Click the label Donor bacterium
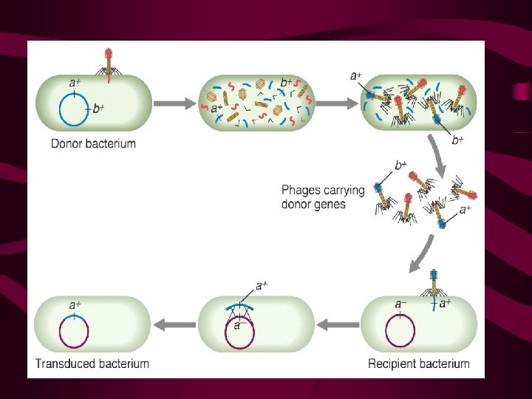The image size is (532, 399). click(93, 143)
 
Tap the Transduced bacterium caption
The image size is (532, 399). click(92, 364)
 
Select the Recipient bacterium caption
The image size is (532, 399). click(419, 364)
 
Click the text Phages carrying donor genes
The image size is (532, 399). click(323, 197)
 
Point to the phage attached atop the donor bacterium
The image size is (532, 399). click(109, 63)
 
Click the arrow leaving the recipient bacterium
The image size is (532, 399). click(336, 324)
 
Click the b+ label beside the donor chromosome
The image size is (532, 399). click(98, 109)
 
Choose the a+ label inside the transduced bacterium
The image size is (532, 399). click(75, 304)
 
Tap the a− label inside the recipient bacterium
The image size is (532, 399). click(400, 304)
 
